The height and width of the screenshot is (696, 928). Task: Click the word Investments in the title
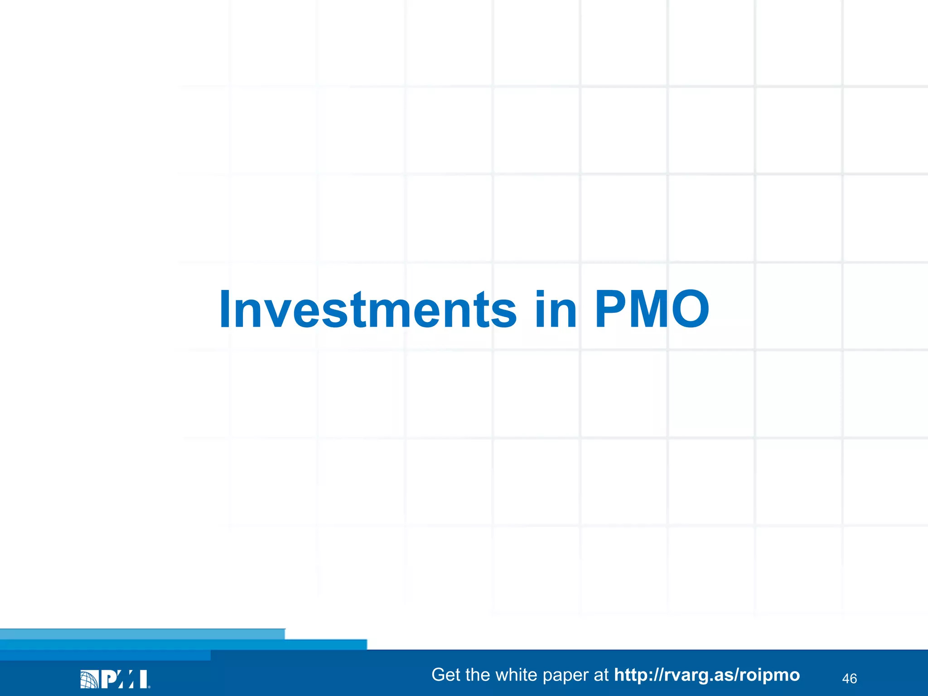coord(367,309)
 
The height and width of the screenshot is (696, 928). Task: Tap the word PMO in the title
coord(652,309)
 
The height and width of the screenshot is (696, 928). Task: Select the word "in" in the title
coord(556,309)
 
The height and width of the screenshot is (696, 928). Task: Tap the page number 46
coord(849,678)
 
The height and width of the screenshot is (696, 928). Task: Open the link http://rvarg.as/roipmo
coord(707,675)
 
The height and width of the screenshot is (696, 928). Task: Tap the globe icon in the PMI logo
coord(89,679)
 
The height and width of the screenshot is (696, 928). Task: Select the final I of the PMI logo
coord(143,679)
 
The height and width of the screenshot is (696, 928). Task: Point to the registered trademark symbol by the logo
coord(149,686)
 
